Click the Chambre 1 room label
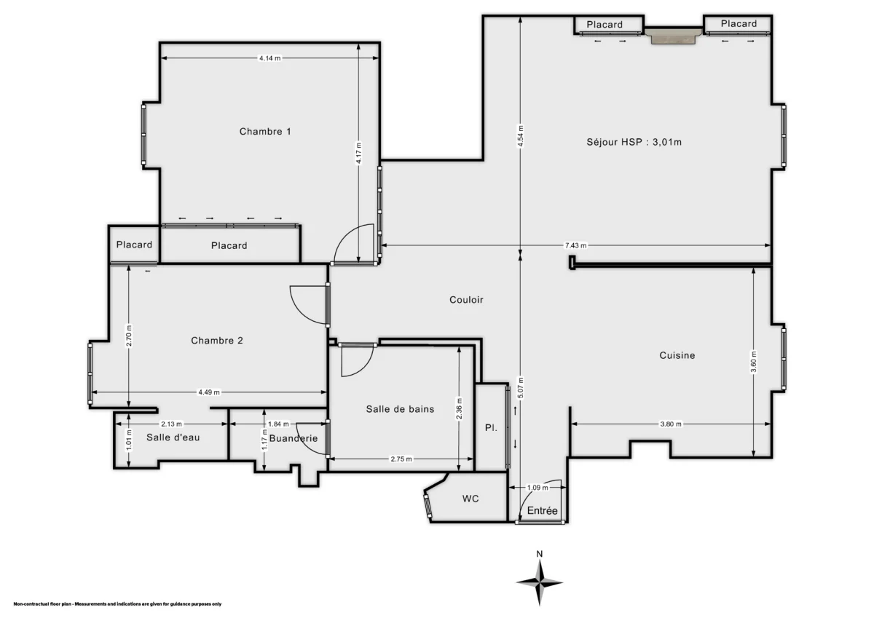(265, 132)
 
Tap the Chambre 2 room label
(217, 341)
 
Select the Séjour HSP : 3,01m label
(634, 142)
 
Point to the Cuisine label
(677, 355)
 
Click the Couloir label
(466, 299)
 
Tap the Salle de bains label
(400, 409)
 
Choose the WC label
(470, 499)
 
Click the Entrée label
(542, 511)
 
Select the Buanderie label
(293, 438)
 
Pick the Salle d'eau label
(173, 437)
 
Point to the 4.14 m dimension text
(269, 58)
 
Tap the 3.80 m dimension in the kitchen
(671, 424)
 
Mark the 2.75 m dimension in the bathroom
(401, 459)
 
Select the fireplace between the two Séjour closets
(674, 36)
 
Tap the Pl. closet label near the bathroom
(492, 428)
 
